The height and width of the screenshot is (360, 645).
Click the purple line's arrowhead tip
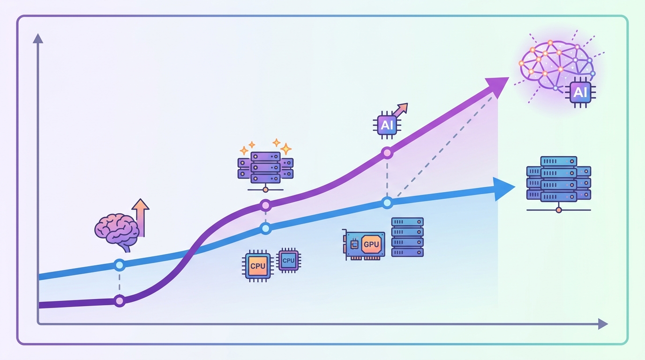coord(509,77)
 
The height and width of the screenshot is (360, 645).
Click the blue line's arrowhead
coord(504,189)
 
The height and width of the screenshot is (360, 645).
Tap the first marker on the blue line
coord(120,265)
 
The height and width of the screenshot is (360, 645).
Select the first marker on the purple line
coord(120,301)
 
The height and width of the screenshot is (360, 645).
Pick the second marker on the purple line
coord(265,205)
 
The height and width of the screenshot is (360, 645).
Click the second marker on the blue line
coord(265,229)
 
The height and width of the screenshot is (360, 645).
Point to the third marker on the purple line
coord(387,153)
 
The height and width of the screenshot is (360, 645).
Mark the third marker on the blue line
coord(387,203)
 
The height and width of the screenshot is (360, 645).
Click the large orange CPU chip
coord(258,266)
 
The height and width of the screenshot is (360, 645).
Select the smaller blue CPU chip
coord(289,260)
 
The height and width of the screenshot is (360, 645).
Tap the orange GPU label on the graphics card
coord(371,245)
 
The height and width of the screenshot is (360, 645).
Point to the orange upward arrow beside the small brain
coord(141,217)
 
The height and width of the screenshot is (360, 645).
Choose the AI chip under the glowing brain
coord(580,92)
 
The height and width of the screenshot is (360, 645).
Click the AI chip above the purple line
coord(387,125)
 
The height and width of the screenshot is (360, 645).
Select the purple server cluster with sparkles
coord(265,167)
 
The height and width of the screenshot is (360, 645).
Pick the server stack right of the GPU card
coord(407,237)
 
